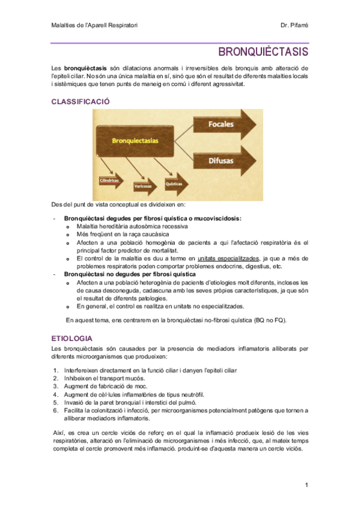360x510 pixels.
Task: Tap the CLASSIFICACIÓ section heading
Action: (x=81, y=102)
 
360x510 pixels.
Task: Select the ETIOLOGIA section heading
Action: (x=72, y=339)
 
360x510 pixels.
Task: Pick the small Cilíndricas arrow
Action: (x=109, y=180)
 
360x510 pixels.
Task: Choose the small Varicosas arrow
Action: (x=142, y=186)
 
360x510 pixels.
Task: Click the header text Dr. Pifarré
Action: (x=294, y=25)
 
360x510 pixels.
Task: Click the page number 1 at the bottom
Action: (x=306, y=485)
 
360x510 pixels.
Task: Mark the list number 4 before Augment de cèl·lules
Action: (x=56, y=395)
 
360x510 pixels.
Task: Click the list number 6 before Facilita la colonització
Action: (x=56, y=410)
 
